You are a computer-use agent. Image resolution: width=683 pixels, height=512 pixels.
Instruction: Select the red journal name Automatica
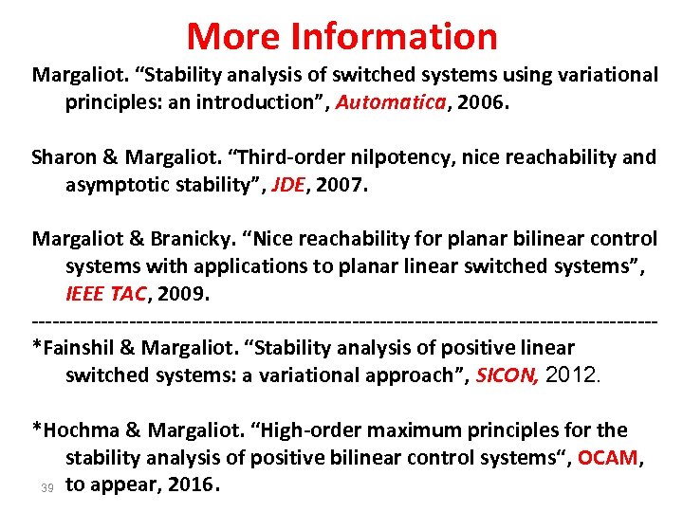391,102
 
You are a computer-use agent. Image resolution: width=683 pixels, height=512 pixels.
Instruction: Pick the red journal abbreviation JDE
288,184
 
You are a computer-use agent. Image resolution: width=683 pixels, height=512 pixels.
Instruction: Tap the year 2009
181,293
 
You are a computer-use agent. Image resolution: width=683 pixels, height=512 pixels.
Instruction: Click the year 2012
573,375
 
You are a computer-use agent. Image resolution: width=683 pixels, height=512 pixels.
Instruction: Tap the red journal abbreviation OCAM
608,458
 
